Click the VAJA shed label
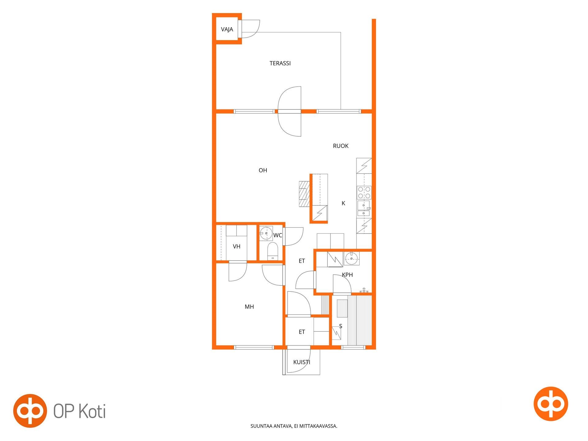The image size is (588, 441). tap(227, 29)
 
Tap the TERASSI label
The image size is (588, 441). tap(280, 63)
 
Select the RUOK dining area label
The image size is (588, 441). tap(341, 146)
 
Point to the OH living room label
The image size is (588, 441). tap(263, 170)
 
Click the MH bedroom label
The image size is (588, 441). tap(249, 307)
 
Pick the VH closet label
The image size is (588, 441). tap(236, 247)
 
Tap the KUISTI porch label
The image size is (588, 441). tap(302, 362)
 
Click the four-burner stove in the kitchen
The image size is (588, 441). tap(364, 193)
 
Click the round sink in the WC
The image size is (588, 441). tap(266, 233)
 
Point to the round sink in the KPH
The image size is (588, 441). tap(351, 258)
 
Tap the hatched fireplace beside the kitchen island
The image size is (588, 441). tap(304, 194)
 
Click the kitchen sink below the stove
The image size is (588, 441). tap(364, 209)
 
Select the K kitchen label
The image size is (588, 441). tap(343, 203)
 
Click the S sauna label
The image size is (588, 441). tap(341, 326)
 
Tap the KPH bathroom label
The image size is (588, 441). tap(347, 275)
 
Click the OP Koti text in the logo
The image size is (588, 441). tap(80, 411)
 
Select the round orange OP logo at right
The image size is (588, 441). tap(551, 404)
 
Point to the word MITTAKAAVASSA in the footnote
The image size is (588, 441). tap(318, 426)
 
